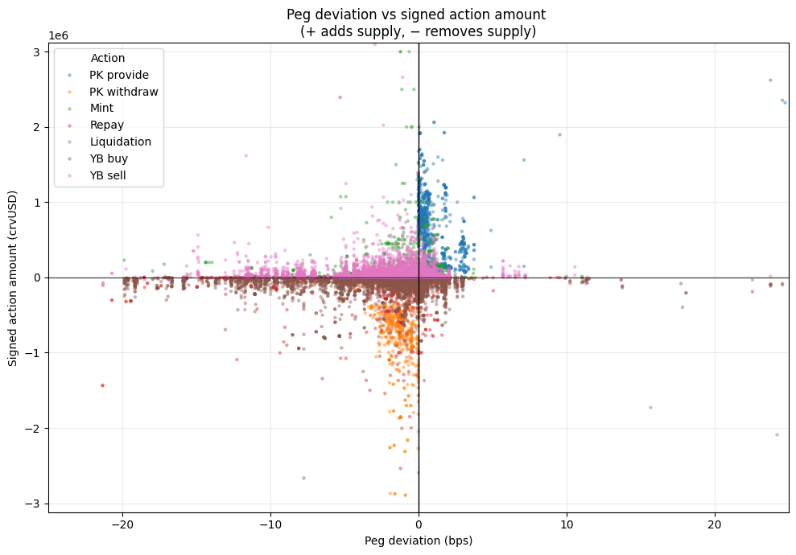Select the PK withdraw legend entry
123,92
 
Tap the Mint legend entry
101,108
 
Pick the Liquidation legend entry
120,142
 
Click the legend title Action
108,58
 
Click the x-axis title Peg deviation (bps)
419,541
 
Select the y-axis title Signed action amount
14,278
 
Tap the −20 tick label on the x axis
122,524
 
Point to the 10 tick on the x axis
567,524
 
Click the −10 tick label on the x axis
270,524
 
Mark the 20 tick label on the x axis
715,524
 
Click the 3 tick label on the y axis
37,51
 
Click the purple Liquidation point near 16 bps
650,407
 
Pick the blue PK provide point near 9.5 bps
559,134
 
